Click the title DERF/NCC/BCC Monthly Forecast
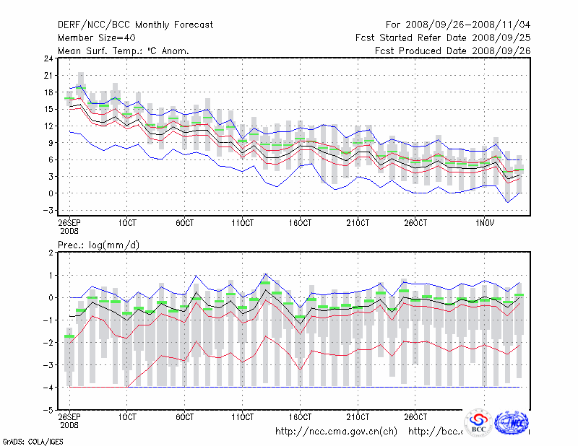click(135, 25)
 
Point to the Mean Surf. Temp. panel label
click(124, 51)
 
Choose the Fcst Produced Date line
click(453, 51)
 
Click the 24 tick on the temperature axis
click(48, 58)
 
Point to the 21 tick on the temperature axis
click(48, 75)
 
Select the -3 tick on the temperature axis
click(46, 210)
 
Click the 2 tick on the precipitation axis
click(51, 253)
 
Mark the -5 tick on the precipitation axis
click(48, 409)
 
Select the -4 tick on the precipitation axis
click(48, 387)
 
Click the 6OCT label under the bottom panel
click(186, 417)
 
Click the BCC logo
click(478, 424)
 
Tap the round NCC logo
click(514, 421)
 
